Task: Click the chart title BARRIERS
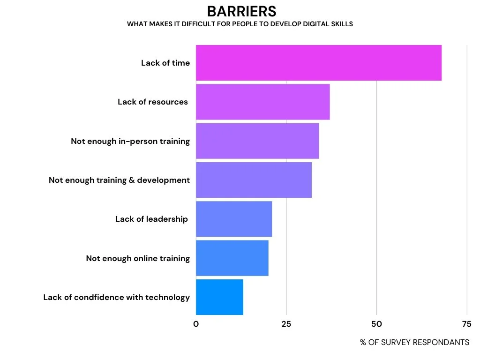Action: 241,11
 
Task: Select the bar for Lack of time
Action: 318,63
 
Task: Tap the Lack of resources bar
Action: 262,102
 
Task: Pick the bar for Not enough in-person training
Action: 257,141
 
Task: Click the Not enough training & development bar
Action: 254,180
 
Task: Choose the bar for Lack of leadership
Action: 234,219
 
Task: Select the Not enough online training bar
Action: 232,258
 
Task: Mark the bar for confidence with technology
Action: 219,297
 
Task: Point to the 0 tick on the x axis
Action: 196,324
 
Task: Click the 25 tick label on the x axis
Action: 286,324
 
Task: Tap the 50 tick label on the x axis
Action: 376,324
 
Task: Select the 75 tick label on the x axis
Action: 466,324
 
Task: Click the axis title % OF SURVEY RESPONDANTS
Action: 414,342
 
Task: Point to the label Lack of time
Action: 165,63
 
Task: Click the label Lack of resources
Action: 153,102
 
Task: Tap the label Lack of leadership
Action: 151,219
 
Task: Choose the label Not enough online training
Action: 138,258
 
